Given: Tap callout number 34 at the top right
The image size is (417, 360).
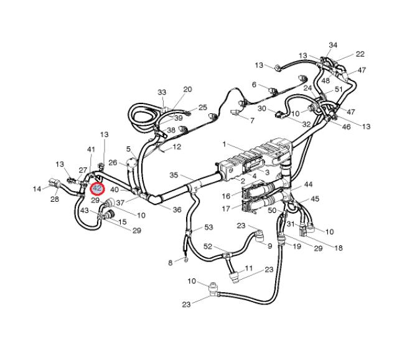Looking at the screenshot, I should coord(333,45).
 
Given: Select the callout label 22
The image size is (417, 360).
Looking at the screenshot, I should coord(360,54).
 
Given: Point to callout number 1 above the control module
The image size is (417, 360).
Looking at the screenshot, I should coord(225,144).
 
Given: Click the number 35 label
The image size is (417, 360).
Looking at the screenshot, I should coord(174,175).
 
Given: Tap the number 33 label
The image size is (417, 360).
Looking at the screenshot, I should coord(162,92).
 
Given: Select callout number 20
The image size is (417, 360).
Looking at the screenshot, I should coord(187,90).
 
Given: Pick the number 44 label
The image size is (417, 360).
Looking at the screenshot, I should coord(308,186).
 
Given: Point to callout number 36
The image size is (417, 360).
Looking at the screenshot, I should coord(177,210).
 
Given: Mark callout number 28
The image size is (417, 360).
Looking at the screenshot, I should coord(55,199).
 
